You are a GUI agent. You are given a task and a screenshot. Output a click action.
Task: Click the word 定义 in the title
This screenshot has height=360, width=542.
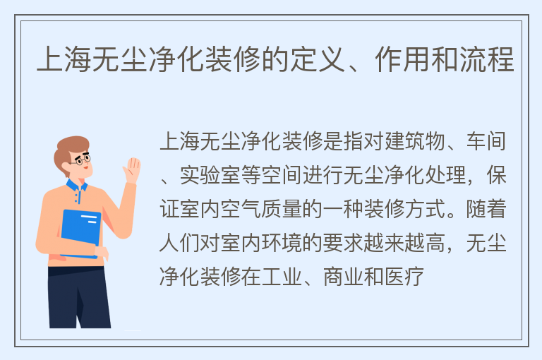[x=318, y=60]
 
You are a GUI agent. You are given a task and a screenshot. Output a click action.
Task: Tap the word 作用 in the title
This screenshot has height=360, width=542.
[x=402, y=60]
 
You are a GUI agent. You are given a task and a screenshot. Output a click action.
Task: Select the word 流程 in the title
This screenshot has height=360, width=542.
[x=487, y=60]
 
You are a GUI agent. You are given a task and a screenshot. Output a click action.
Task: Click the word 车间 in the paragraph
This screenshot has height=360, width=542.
[x=486, y=141]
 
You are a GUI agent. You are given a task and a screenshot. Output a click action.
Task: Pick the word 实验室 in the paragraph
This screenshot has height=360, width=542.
[x=210, y=175]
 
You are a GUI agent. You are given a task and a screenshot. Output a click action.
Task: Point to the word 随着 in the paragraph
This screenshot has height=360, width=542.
[x=486, y=209]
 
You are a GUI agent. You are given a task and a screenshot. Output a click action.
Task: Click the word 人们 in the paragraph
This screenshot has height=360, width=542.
[x=179, y=243]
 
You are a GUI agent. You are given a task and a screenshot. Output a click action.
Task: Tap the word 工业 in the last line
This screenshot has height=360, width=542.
[x=282, y=277]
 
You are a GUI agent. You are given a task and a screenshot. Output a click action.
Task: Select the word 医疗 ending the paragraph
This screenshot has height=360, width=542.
[x=404, y=277]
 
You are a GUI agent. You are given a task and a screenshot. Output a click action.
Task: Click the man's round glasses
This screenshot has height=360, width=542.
[x=82, y=160]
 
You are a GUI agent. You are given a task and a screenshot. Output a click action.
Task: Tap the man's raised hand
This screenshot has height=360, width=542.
[x=133, y=170]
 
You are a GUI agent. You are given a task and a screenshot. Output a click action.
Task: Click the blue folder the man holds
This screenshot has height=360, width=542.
[x=81, y=234]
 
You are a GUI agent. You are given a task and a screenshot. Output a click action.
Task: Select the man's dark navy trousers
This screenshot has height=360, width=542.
[x=79, y=297]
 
